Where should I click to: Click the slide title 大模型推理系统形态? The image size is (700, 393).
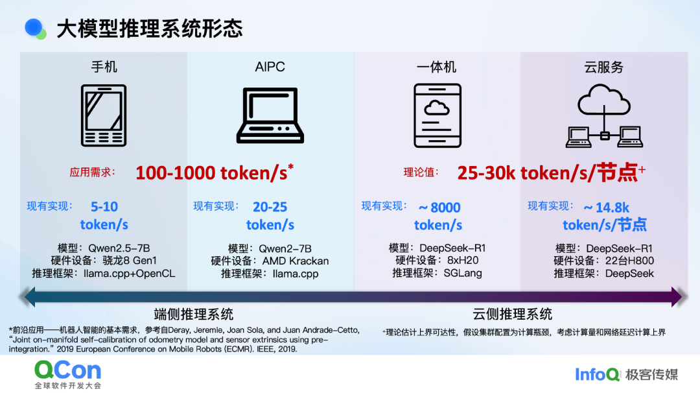150,29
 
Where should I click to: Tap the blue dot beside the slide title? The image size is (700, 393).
34,28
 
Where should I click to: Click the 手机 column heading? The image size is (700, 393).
104,67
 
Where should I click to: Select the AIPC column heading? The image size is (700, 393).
270,67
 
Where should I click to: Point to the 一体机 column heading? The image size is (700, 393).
436,67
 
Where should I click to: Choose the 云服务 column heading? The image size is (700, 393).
603,67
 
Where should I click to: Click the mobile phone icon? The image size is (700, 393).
104,115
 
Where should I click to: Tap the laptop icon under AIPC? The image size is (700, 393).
270,115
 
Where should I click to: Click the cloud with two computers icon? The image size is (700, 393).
604,115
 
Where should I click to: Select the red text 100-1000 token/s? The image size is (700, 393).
211,173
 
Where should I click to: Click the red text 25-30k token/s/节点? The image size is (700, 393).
547,173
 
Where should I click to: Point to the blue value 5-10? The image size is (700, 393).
104,207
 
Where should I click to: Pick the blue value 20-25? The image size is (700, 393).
270,207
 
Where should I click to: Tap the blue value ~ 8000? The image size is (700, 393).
439,208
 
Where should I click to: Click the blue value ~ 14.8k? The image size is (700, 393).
606,208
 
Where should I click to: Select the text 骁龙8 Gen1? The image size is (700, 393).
130,260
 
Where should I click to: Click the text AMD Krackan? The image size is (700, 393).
296,261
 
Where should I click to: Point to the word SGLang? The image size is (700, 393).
463,273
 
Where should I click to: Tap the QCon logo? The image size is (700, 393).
68,374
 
